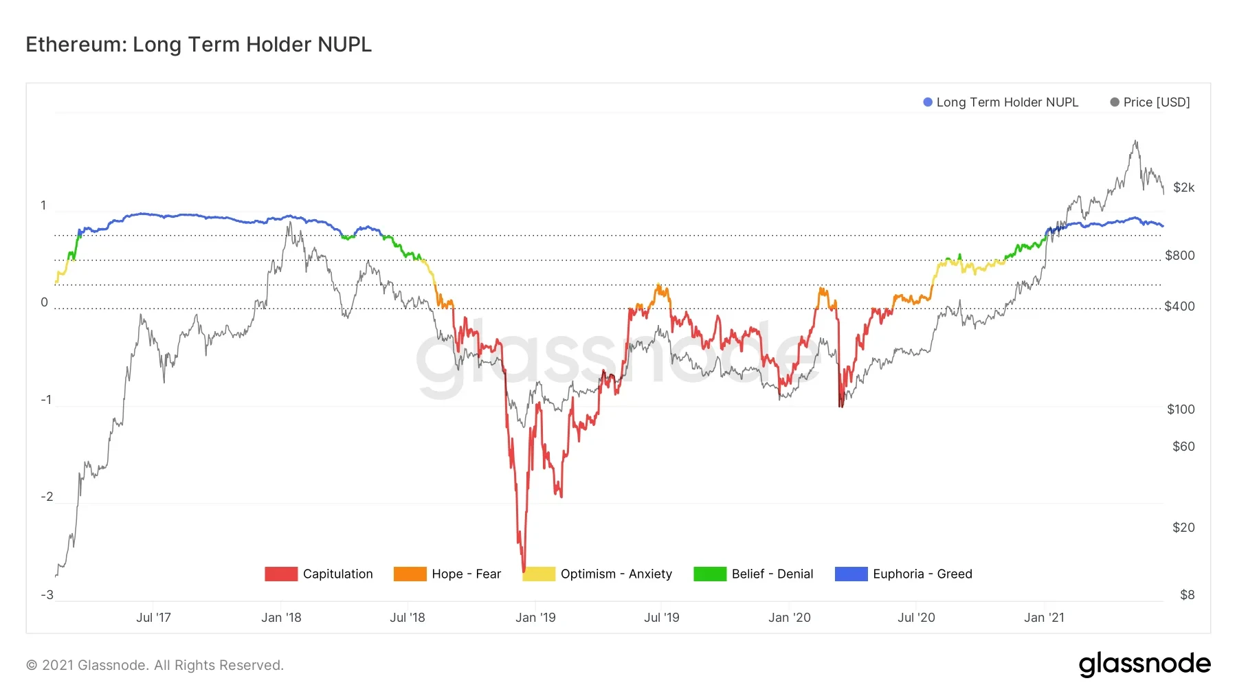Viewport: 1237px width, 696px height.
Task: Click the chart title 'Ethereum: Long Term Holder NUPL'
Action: click(199, 45)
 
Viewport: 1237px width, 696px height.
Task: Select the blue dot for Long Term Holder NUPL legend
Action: click(928, 102)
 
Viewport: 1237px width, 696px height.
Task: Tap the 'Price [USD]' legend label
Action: click(1156, 102)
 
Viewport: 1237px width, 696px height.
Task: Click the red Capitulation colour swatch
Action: click(280, 574)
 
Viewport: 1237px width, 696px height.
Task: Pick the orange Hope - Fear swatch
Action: click(410, 574)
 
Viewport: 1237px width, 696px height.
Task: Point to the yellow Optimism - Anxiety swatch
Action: click(538, 574)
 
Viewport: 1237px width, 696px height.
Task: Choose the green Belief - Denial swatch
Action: click(709, 574)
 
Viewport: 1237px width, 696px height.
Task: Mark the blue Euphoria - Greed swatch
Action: click(851, 574)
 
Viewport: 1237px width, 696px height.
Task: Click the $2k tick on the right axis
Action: click(1183, 188)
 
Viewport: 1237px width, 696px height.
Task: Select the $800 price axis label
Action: click(1179, 256)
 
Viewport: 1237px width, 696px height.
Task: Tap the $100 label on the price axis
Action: click(1181, 409)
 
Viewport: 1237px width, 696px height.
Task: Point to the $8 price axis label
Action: click(1187, 595)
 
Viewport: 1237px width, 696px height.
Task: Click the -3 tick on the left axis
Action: click(47, 595)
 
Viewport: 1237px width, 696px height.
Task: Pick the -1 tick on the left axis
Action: click(46, 400)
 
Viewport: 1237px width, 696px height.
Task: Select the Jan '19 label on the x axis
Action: click(535, 618)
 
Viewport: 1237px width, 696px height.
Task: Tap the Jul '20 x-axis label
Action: click(916, 618)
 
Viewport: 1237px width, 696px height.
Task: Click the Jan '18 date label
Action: click(281, 618)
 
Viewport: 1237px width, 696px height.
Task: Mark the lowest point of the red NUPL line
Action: click(524, 571)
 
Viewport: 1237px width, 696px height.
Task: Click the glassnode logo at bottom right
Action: click(1144, 664)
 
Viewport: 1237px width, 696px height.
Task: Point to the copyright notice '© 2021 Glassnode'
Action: click(155, 665)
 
